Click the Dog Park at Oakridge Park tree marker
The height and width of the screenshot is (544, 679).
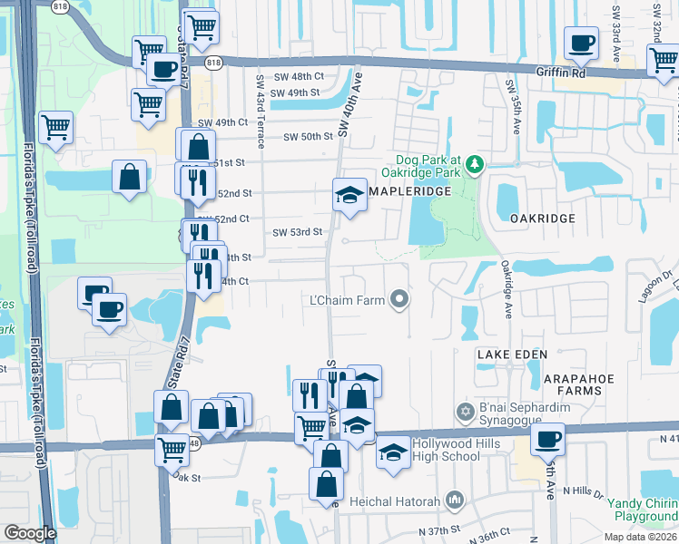tap(474, 164)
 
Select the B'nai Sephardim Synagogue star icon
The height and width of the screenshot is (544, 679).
tap(466, 413)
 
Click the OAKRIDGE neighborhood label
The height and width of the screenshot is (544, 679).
tap(542, 219)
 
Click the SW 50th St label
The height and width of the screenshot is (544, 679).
tap(309, 137)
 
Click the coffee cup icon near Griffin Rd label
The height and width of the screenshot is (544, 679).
tap(581, 42)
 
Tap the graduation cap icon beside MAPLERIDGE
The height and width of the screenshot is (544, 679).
tap(349, 195)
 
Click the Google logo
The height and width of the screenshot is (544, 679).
tap(30, 533)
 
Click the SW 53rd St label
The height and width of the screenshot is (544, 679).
tap(298, 232)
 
